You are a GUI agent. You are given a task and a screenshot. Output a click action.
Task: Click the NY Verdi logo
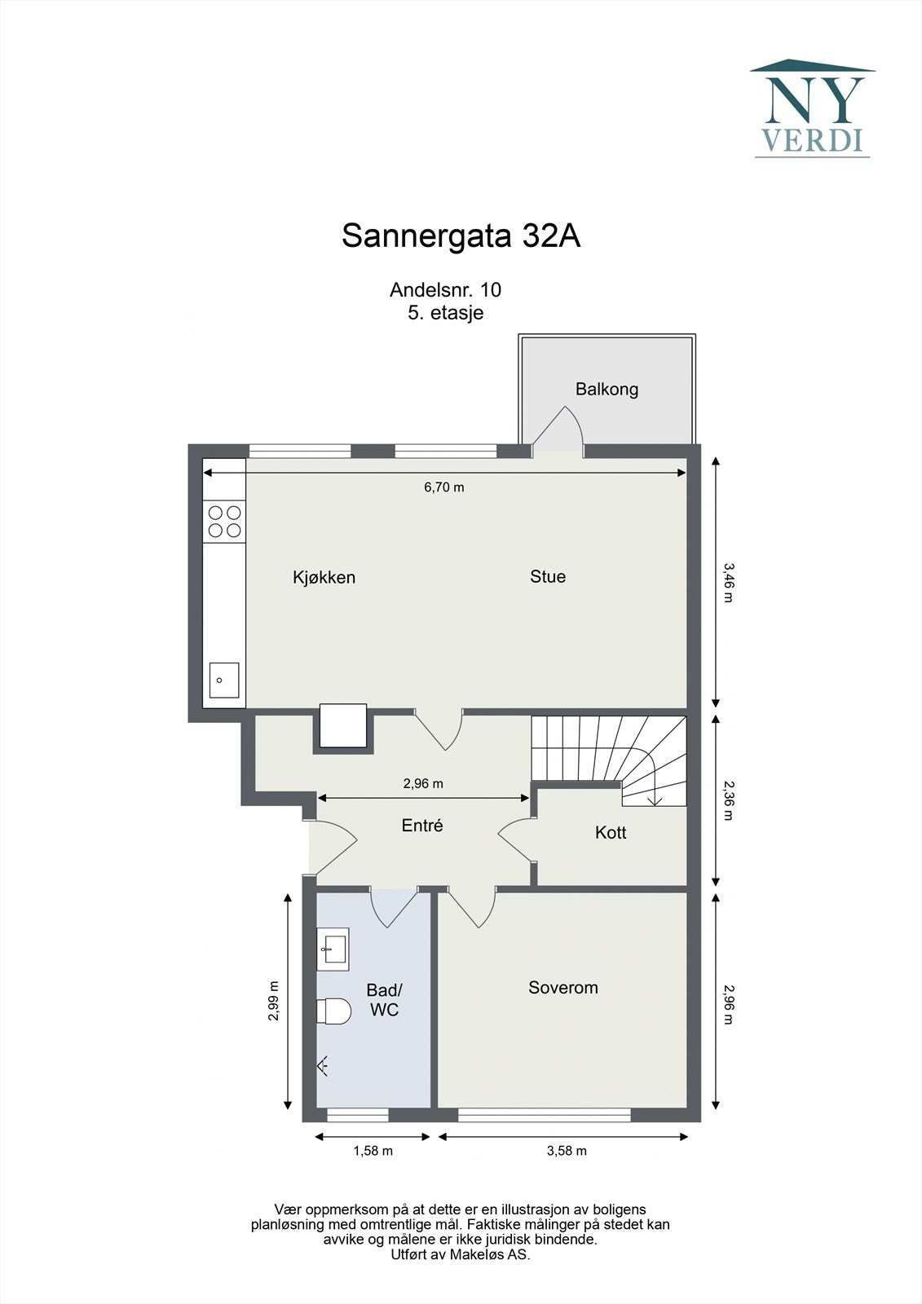point(812,108)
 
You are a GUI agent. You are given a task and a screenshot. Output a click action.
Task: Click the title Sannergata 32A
point(461,236)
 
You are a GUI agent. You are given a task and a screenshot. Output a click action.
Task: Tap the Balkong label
point(607,389)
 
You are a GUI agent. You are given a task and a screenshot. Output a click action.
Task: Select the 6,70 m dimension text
point(443,487)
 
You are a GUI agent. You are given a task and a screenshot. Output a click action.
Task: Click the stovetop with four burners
point(224,522)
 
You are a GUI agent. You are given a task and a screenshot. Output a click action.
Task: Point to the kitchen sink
point(223,680)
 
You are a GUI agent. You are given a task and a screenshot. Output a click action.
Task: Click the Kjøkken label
point(324,577)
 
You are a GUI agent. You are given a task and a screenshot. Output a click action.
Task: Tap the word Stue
point(547,576)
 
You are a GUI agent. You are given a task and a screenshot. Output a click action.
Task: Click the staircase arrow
point(654,800)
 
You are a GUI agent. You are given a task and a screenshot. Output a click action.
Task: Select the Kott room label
point(610,832)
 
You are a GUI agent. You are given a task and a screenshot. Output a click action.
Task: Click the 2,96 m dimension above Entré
point(423,783)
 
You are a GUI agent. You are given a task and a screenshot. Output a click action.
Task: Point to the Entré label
point(421,826)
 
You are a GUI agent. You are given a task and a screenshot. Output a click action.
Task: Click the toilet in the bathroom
point(333,1011)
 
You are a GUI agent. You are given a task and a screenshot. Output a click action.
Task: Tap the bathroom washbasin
point(333,949)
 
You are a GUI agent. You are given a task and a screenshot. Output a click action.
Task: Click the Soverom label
point(562,987)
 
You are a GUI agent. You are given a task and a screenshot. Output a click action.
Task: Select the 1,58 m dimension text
point(373,1151)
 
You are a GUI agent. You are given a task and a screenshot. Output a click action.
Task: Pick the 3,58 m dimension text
point(567,1151)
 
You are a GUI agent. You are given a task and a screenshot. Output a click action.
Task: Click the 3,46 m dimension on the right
point(728,582)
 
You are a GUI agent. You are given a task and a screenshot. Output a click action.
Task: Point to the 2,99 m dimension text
point(274,1000)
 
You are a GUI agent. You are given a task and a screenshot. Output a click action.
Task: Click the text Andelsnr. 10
point(445,289)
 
